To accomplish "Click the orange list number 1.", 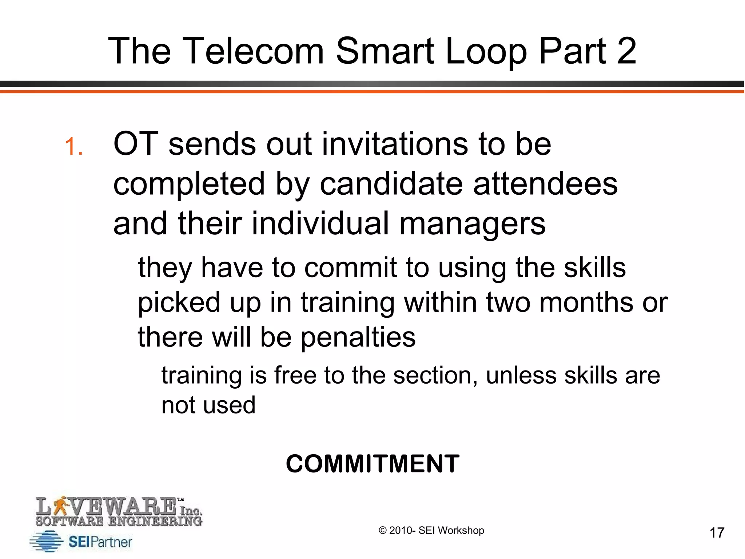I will tap(73, 147).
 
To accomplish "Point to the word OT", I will tap(136, 144).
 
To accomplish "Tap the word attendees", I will tap(545, 184).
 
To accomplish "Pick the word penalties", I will tap(358, 337).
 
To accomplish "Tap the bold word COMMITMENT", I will tap(372, 464).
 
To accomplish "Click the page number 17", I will tap(717, 533).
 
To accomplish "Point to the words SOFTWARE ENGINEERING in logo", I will tap(119, 521).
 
